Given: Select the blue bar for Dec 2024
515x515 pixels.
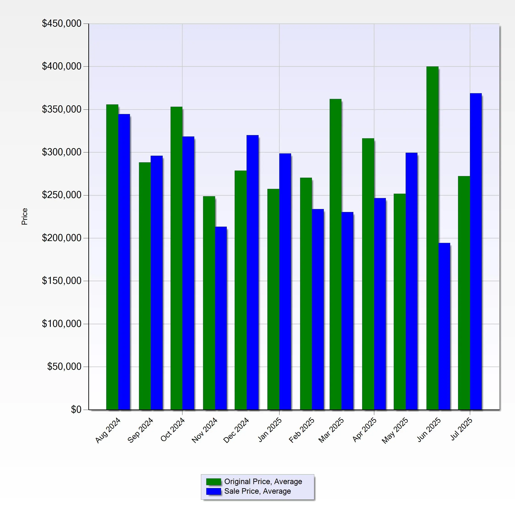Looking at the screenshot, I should pyautogui.click(x=252, y=272).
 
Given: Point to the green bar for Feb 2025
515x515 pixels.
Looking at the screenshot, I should pyautogui.click(x=306, y=293).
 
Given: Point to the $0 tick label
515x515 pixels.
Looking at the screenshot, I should pyautogui.click(x=76, y=409).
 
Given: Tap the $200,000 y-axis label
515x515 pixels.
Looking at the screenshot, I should pyautogui.click(x=62, y=238).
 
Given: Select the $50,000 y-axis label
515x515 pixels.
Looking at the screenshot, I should pyautogui.click(x=64, y=367).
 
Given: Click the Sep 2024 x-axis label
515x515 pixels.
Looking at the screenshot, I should pyautogui.click(x=141, y=430).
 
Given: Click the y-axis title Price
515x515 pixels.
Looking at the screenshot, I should pyautogui.click(x=24, y=217).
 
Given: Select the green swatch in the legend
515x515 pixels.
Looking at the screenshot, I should pyautogui.click(x=214, y=482).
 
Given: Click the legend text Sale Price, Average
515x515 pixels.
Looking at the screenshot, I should pyautogui.click(x=257, y=491).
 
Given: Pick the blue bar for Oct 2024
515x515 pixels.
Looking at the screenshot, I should pyautogui.click(x=188, y=273).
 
